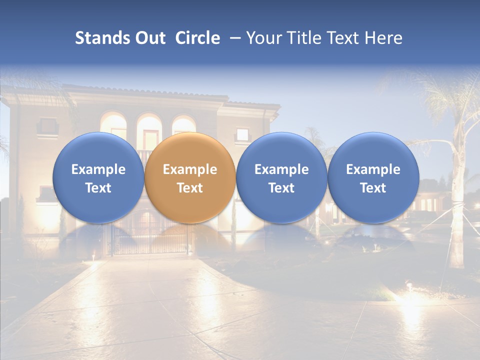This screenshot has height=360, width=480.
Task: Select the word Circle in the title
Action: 197,38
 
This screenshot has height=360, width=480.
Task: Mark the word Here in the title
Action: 385,38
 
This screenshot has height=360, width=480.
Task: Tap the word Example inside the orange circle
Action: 189,169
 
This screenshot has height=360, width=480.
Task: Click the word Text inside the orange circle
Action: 189,188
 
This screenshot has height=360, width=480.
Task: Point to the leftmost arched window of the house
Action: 113,125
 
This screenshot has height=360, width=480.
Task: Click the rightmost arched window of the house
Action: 183,125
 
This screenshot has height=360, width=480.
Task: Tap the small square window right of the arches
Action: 242,134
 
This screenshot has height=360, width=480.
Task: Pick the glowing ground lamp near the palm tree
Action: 409,286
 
